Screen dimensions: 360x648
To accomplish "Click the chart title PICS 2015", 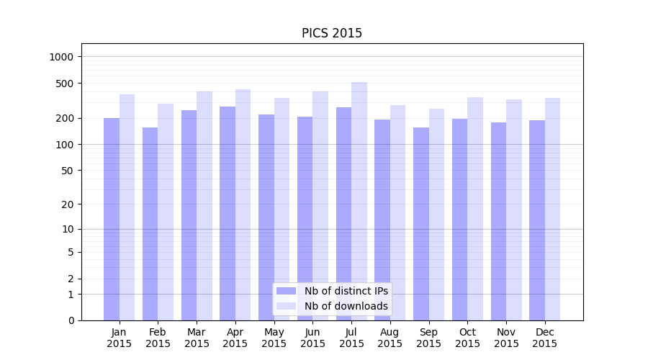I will pyautogui.click(x=331, y=33).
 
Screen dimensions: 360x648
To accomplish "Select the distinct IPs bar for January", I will pyautogui.click(x=112, y=219).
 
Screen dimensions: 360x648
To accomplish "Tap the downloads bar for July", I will pyautogui.click(x=359, y=201).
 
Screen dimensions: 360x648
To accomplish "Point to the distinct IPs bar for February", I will pyautogui.click(x=150, y=224).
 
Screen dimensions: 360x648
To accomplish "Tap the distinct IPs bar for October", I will pyautogui.click(x=459, y=220).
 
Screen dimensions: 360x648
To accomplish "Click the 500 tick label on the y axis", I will pyautogui.click(x=66, y=84).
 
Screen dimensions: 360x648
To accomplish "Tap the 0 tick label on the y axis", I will pyautogui.click(x=71, y=320).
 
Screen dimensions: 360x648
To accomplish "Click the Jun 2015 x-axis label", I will pyautogui.click(x=312, y=338).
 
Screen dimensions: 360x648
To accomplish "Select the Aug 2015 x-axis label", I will pyautogui.click(x=390, y=338).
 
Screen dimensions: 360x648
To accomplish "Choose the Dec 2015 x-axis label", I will pyautogui.click(x=545, y=338).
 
